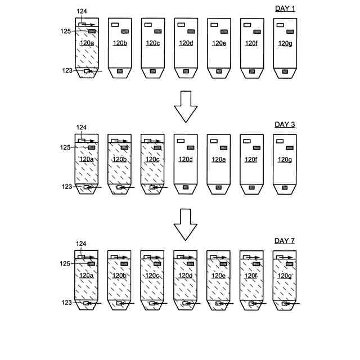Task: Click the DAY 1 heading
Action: click(285, 8)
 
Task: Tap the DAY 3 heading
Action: click(285, 124)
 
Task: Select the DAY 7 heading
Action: click(285, 241)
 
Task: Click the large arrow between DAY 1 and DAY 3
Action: click(186, 106)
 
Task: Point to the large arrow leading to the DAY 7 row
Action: click(186, 223)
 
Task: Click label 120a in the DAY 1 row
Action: click(87, 43)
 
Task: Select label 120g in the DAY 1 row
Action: click(285, 43)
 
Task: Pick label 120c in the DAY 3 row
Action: click(152, 159)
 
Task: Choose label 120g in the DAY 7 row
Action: click(285, 276)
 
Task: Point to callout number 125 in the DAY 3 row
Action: click(65, 148)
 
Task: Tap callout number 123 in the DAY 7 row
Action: click(66, 303)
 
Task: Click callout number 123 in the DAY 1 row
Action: click(66, 70)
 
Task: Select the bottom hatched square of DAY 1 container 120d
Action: click(186, 71)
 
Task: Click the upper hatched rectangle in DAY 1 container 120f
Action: click(256, 31)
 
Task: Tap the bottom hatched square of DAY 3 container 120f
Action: click(251, 187)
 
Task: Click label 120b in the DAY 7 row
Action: click(119, 276)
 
